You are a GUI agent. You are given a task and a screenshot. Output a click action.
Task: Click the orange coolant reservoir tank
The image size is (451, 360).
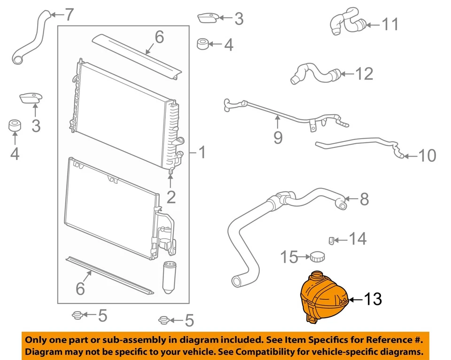tap(324, 297)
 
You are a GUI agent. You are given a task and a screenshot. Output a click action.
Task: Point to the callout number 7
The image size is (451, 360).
tap(69, 15)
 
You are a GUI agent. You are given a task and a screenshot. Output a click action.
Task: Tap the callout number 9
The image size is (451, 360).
tap(278, 137)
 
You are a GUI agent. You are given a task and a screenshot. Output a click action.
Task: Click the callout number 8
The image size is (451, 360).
tap(364, 200)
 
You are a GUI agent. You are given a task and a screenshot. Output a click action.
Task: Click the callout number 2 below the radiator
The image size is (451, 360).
tap(171, 197)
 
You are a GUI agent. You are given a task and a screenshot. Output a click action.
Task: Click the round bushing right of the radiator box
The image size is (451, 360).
tap(202, 45)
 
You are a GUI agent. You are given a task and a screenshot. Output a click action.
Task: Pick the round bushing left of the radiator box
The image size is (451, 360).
tap(15, 126)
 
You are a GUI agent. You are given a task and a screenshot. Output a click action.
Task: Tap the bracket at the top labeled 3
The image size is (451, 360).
tap(207, 18)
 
